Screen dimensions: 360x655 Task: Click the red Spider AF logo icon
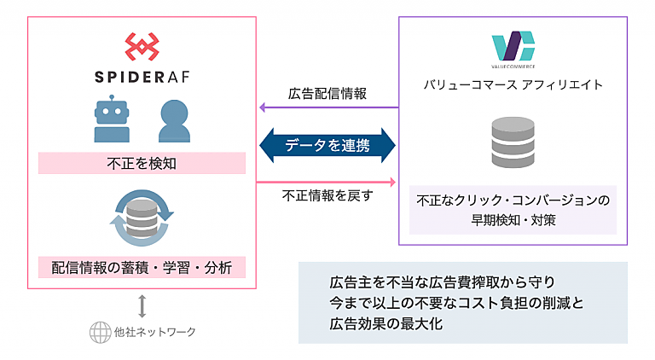141,48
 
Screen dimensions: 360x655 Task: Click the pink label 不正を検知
142,163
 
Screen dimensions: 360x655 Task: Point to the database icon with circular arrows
142,217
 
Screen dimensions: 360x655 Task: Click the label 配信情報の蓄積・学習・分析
142,266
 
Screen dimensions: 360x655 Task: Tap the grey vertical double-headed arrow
142,305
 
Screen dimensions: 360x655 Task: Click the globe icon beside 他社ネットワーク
101,332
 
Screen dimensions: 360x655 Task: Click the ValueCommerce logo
513,48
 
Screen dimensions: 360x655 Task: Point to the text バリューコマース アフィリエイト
513,84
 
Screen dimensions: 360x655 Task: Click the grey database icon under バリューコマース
513,144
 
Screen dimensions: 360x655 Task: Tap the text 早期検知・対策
513,219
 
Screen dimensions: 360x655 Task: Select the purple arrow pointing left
328,107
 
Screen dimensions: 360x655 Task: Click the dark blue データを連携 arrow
328,145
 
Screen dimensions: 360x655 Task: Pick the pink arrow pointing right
328,181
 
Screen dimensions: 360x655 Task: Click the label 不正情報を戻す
328,196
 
